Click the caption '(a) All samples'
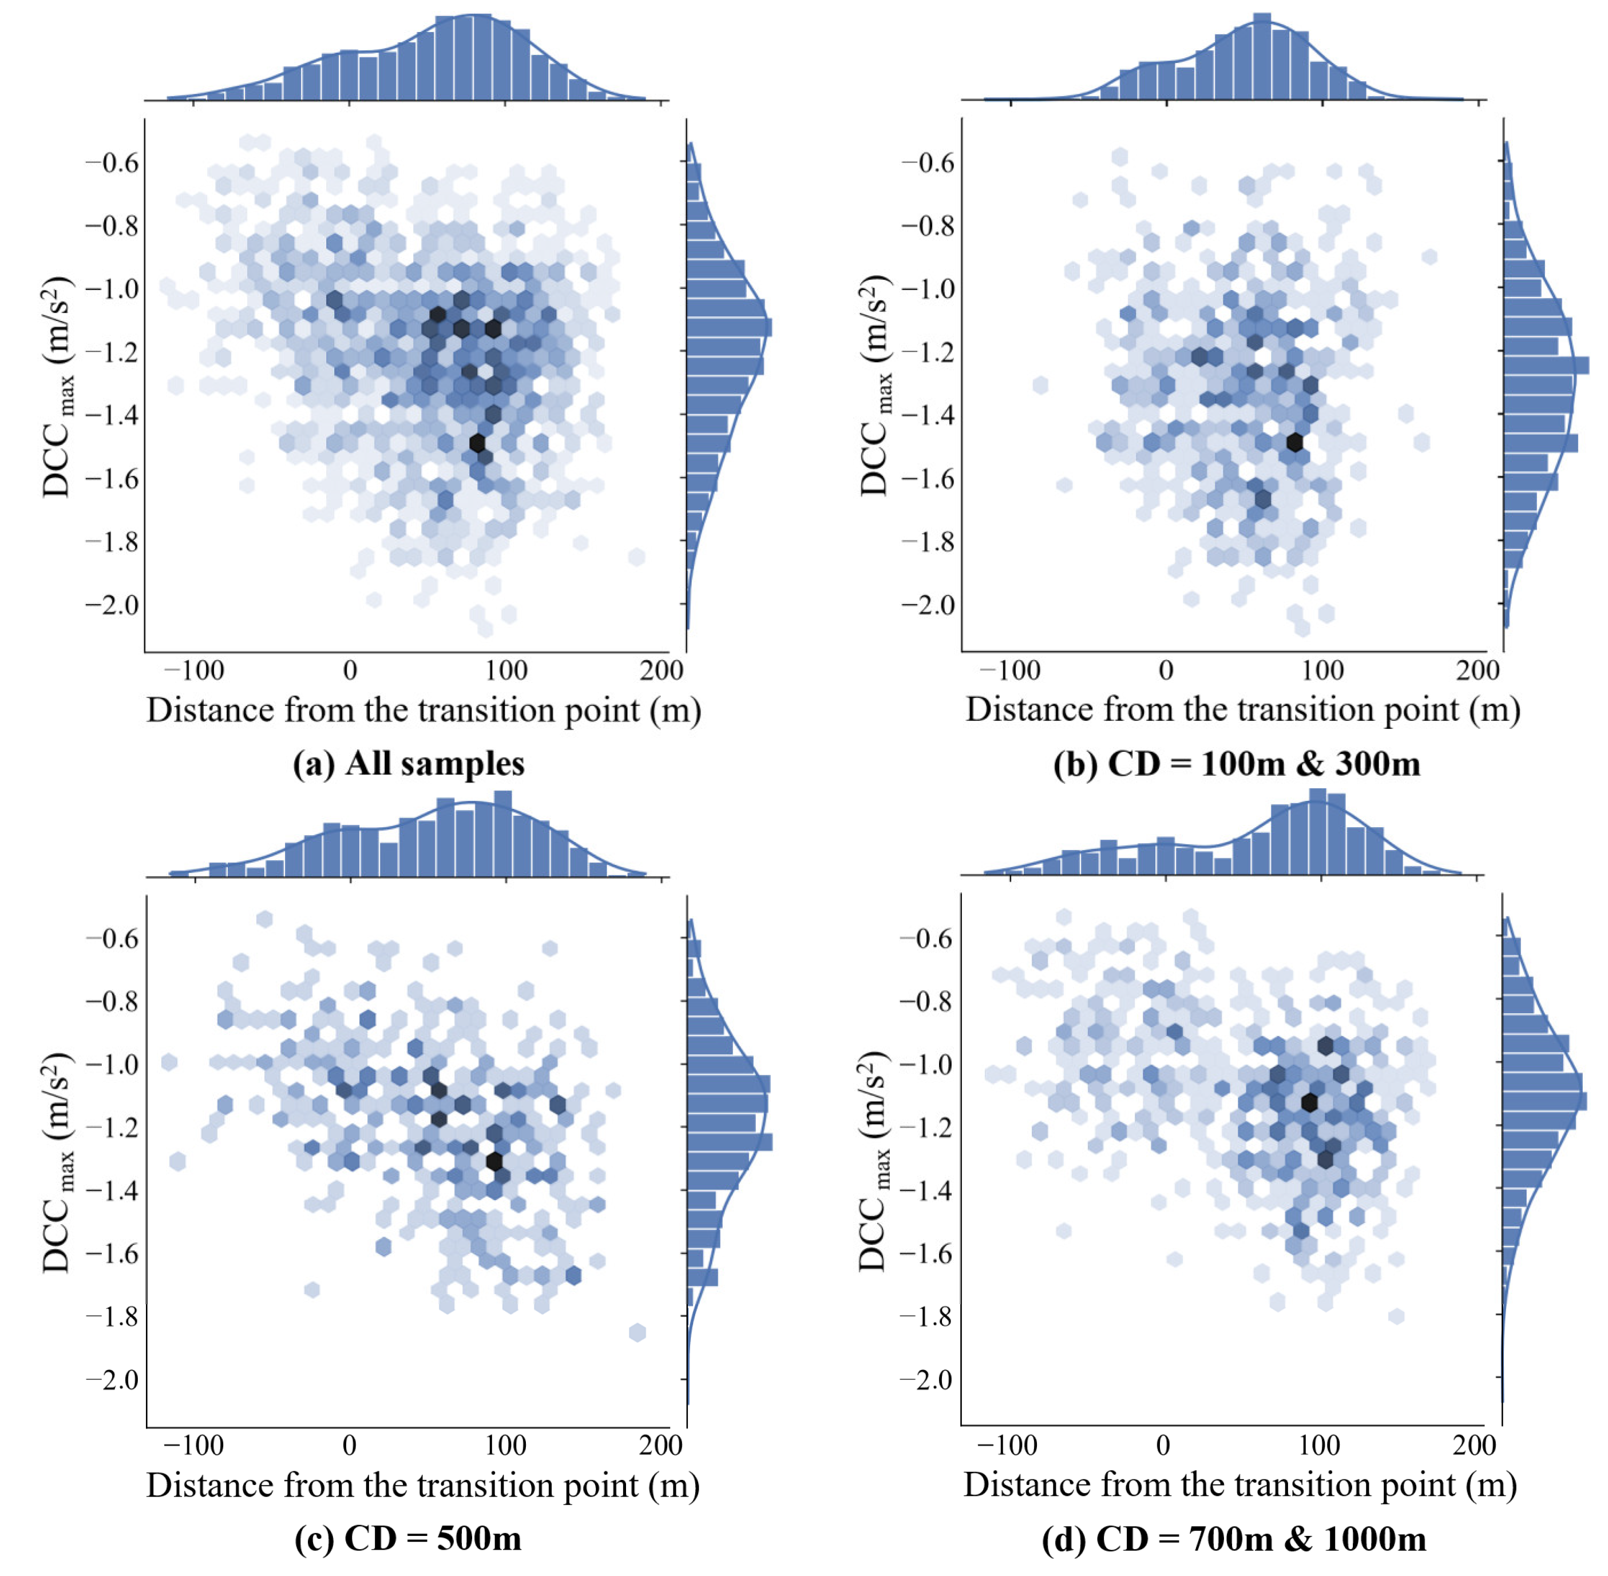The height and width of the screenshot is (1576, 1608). click(408, 763)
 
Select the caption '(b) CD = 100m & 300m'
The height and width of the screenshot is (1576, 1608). click(1236, 763)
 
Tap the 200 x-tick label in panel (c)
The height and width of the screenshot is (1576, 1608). click(661, 1446)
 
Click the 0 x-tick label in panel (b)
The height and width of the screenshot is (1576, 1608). click(1166, 670)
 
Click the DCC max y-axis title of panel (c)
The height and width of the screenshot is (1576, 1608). click(57, 1163)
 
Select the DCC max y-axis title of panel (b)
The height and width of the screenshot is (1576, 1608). click(874, 387)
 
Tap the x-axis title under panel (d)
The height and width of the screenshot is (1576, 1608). click(1239, 1485)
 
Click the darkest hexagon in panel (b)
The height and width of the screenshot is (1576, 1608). click(1294, 442)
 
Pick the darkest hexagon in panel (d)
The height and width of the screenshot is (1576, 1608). click(1308, 1102)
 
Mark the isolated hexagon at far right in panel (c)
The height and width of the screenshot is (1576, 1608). click(637, 1332)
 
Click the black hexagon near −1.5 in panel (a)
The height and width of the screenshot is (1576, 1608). click(477, 443)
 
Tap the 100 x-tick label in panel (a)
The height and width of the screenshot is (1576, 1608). click(506, 670)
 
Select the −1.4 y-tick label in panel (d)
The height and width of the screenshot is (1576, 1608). click(926, 1190)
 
